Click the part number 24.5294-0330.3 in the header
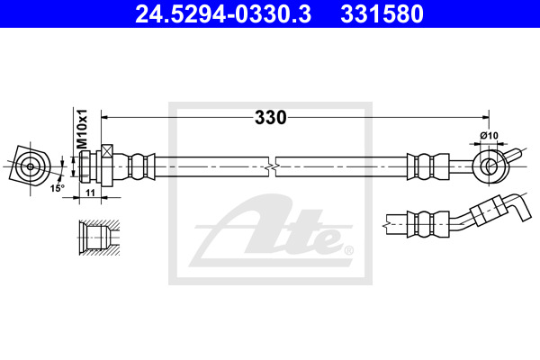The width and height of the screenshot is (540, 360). click(223, 14)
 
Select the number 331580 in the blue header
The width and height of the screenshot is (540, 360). click(382, 14)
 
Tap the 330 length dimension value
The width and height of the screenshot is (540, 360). click(270, 118)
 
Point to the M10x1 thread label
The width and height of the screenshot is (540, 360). click(82, 130)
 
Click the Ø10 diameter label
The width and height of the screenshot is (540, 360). click(489, 135)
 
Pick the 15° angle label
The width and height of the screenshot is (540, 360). click(58, 188)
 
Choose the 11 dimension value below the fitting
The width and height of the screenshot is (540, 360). click(90, 193)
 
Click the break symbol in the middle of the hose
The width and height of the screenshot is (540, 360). click(272, 167)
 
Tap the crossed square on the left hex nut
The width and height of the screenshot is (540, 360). click(107, 151)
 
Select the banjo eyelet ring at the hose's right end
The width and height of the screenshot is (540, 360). click(489, 166)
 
